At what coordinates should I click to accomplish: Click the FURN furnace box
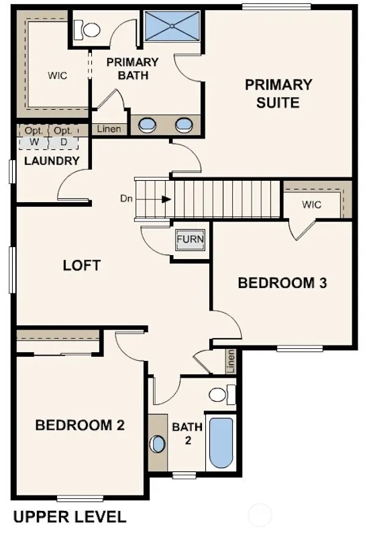point(190,240)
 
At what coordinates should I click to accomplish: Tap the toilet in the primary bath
point(87,29)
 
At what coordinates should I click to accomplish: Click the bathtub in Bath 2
point(221,443)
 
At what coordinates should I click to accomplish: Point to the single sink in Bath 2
point(158,444)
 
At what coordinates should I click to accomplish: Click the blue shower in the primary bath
point(172,26)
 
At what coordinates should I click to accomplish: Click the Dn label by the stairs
point(126,198)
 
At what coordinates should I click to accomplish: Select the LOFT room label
point(82,265)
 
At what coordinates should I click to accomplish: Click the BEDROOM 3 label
point(282,283)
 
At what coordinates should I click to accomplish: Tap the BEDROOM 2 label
point(80,425)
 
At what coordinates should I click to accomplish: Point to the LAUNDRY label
point(52,161)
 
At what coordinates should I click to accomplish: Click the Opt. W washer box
point(34,137)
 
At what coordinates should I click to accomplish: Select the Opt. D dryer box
point(64,137)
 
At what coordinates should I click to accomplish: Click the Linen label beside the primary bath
point(109,129)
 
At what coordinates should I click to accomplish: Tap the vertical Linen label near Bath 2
point(231,362)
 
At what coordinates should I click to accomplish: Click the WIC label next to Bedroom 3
point(311,205)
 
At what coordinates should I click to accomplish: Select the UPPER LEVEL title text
point(70,516)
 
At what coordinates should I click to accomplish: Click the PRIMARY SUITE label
point(278,94)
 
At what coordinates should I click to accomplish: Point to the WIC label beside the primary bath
point(58,76)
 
